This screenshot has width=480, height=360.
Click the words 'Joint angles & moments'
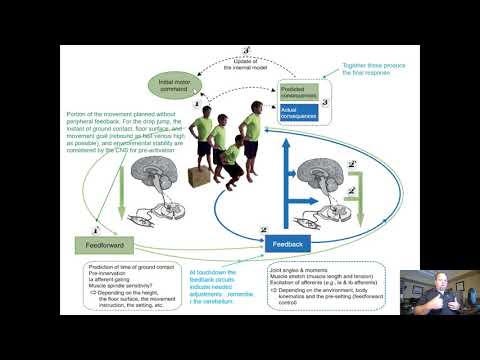(x=299, y=269)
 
